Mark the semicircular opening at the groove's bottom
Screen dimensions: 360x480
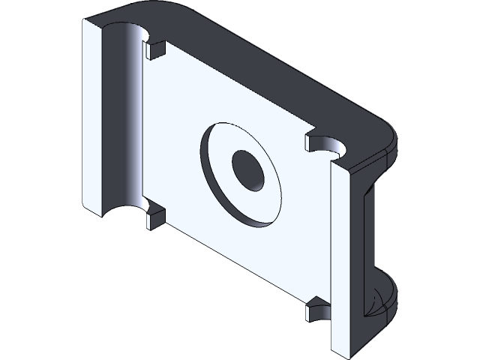click(x=120, y=210)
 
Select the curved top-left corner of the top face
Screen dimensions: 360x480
click(x=150, y=9)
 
